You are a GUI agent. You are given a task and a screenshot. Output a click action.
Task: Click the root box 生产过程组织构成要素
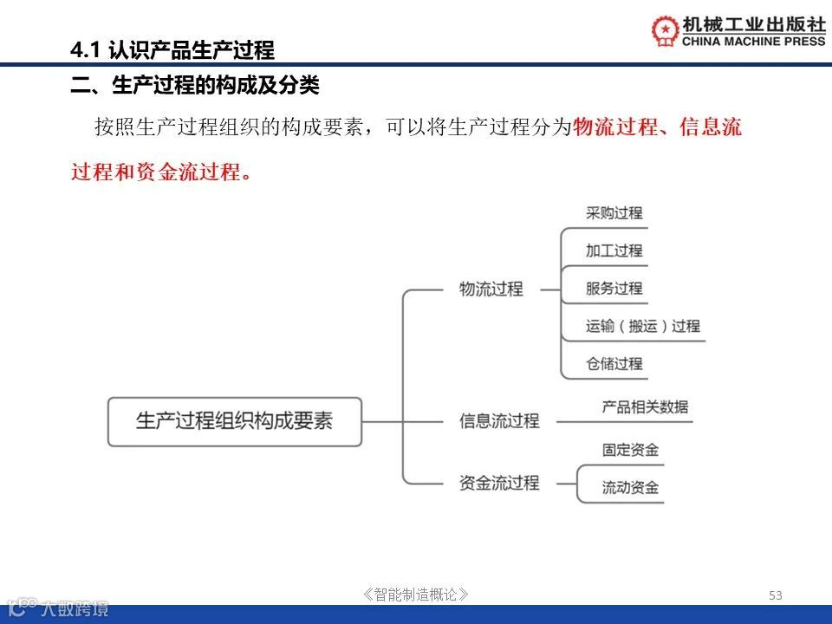click(x=234, y=422)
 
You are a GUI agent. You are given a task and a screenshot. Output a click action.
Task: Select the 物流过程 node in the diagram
click(x=491, y=289)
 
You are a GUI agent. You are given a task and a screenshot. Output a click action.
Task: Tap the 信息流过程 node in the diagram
click(x=499, y=421)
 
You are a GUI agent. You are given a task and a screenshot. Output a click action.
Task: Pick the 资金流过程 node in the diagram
click(x=499, y=483)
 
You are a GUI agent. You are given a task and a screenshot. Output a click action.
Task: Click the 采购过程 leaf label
click(x=614, y=213)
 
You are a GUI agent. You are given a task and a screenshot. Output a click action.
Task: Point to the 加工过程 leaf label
click(x=614, y=251)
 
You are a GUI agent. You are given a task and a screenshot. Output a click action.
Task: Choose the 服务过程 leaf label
click(x=614, y=289)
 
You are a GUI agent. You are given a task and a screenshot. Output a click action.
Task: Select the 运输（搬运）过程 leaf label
click(x=643, y=327)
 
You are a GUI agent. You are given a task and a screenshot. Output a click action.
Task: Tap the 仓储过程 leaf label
click(x=614, y=364)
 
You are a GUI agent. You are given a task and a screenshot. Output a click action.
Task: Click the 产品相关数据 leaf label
click(x=646, y=406)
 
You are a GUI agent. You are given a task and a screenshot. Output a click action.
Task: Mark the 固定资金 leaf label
click(x=631, y=450)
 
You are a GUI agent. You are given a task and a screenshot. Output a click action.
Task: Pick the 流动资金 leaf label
click(x=631, y=488)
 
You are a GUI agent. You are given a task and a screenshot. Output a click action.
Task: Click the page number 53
click(x=776, y=595)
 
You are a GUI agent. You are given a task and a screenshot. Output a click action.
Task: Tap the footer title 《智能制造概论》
click(x=417, y=595)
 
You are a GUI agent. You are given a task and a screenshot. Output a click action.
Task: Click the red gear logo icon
click(x=666, y=31)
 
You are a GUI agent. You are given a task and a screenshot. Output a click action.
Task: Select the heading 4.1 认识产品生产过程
click(x=172, y=50)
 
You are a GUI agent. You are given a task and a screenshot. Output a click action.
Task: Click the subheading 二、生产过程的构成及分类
click(x=195, y=86)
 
